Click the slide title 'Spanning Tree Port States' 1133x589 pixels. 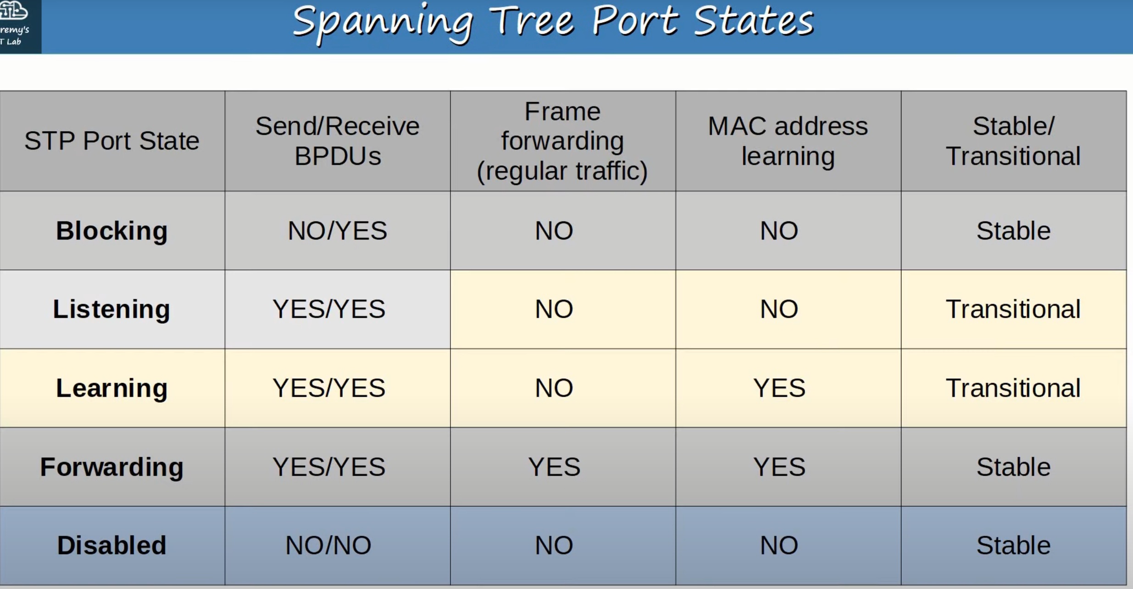(553, 23)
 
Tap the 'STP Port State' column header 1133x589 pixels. (112, 140)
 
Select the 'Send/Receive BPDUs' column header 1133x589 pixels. (338, 140)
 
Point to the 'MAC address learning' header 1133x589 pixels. (788, 140)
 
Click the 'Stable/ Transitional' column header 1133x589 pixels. (1013, 140)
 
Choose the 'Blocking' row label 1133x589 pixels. (112, 230)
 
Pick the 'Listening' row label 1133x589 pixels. (111, 309)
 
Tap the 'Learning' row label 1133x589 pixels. (112, 388)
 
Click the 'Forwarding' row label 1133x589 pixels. (112, 467)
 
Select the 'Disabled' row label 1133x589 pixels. (111, 545)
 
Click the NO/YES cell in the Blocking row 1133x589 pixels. (338, 230)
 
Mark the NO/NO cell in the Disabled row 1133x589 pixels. (328, 545)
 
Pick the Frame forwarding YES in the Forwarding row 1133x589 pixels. (554, 467)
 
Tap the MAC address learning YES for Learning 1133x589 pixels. (779, 388)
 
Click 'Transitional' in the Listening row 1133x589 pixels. (1013, 309)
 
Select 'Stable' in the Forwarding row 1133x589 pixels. (1013, 467)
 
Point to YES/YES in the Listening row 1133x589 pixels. (329, 309)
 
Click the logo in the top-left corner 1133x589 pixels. (20, 26)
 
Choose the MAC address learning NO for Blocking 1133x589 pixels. (779, 230)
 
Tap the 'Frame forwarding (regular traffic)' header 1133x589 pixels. (562, 140)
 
